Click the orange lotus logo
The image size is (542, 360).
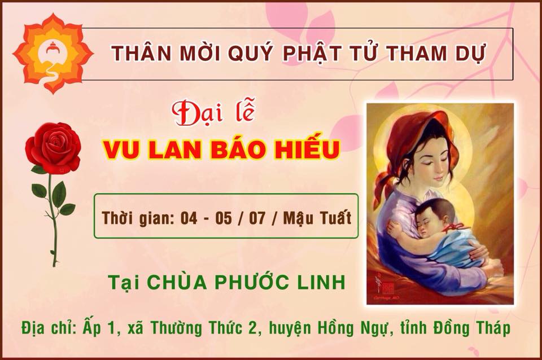coord(53,53)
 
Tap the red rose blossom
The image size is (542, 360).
coord(53,147)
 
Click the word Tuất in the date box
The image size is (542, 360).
coord(335,218)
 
